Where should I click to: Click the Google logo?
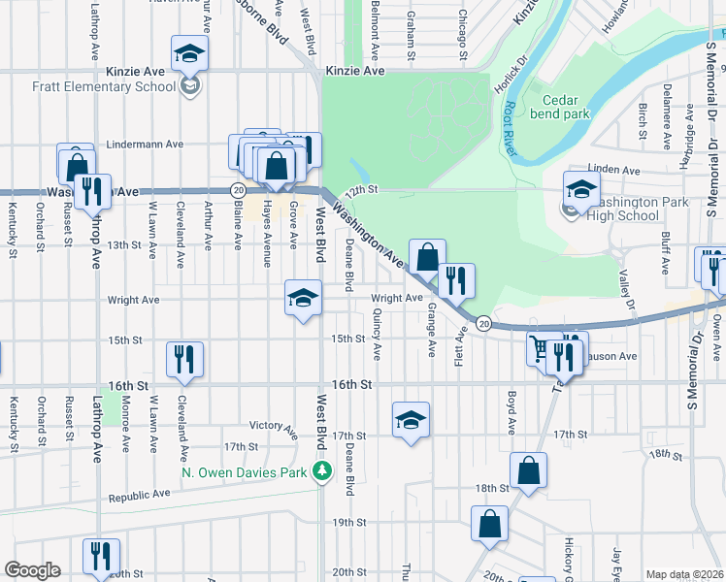click(x=32, y=570)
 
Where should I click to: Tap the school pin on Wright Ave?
click(x=303, y=298)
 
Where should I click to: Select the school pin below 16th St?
click(x=412, y=420)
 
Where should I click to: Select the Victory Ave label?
click(x=273, y=426)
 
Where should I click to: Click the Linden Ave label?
click(x=619, y=170)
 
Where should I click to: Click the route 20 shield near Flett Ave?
click(x=483, y=322)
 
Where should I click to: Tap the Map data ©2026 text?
click(x=684, y=574)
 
